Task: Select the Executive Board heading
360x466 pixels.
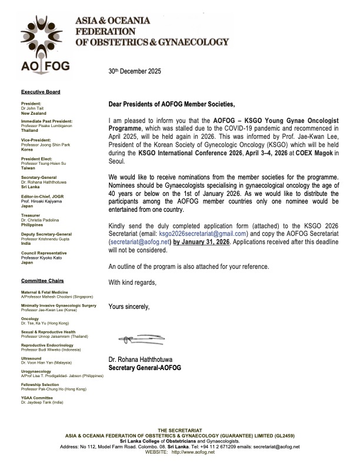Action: (x=41, y=92)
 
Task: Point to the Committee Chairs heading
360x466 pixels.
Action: (x=43, y=281)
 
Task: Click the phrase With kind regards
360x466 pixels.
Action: (x=134, y=282)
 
